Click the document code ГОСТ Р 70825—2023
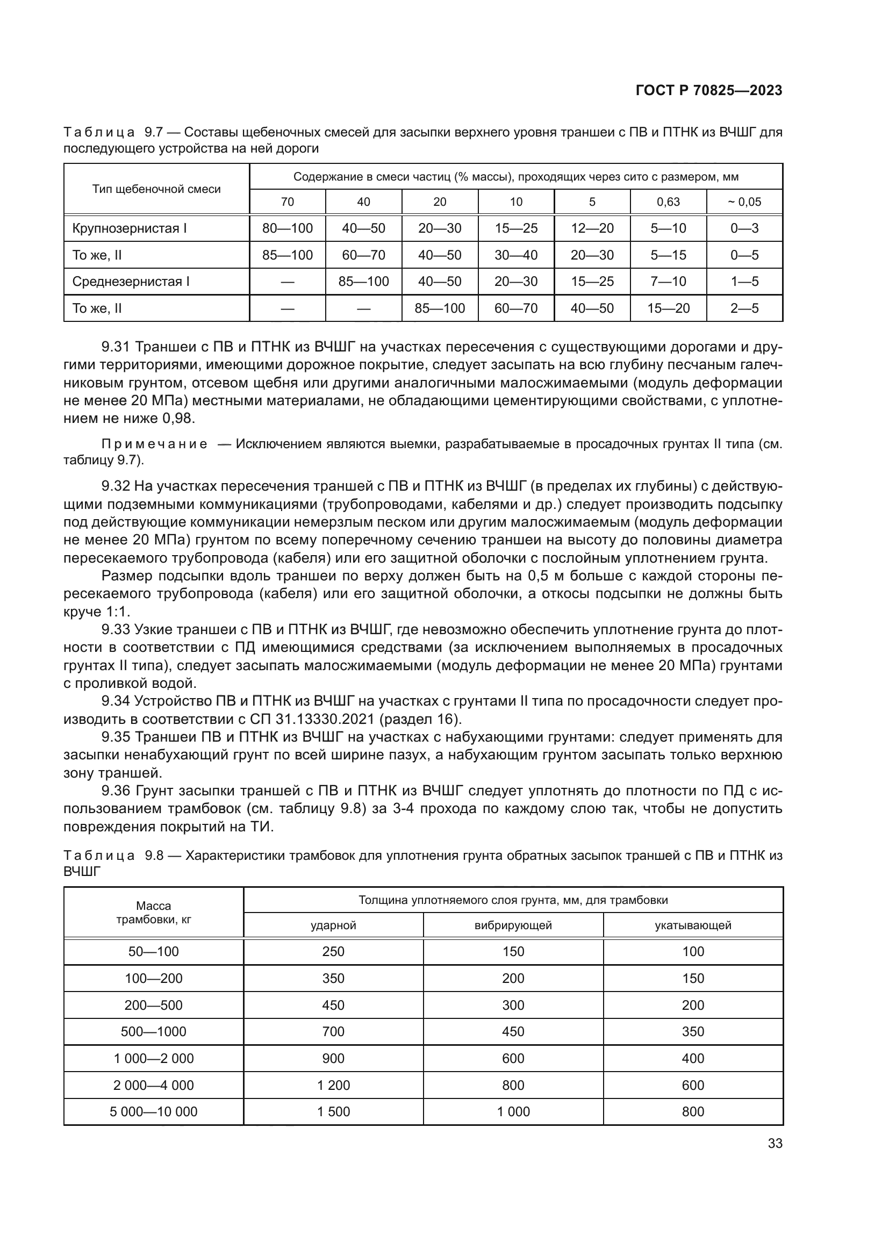tap(708, 91)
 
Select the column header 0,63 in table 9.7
tap(668, 202)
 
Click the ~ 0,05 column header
tap(744, 202)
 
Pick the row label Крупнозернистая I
tap(129, 228)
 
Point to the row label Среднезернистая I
tap(131, 282)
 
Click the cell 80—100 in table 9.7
tap(288, 228)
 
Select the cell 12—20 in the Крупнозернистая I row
tap(592, 228)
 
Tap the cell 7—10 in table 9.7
tap(668, 282)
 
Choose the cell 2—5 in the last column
tap(744, 309)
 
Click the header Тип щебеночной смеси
tap(156, 189)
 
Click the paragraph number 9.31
tap(116, 347)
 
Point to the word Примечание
tap(154, 444)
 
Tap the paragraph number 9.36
tap(116, 791)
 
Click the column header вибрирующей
tap(513, 925)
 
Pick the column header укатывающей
tap(692, 925)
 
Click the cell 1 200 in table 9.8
tap(333, 1085)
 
